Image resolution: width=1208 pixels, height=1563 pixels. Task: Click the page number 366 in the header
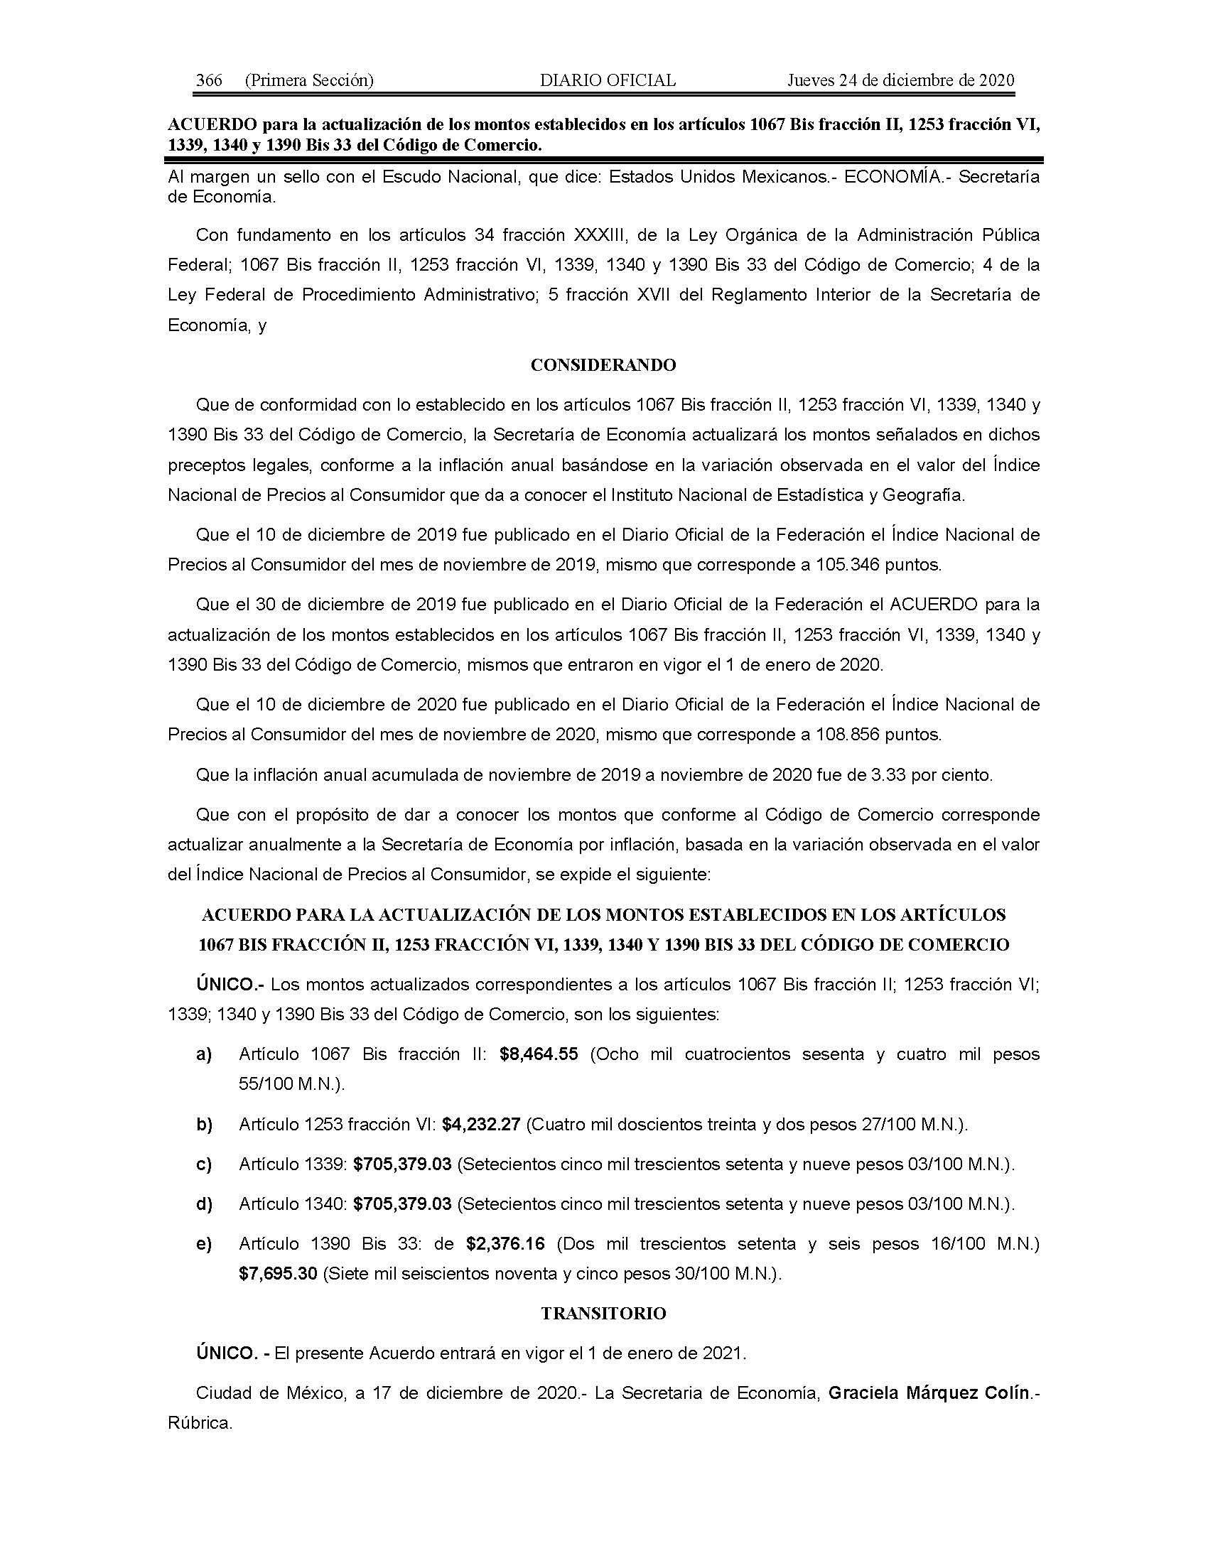click(209, 80)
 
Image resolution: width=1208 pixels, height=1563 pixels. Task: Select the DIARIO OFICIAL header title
click(608, 80)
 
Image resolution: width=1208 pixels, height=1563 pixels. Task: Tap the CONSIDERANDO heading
click(603, 365)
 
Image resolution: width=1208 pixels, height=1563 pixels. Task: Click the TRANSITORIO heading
click(603, 1313)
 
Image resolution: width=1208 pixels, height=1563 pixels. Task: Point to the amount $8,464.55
click(539, 1054)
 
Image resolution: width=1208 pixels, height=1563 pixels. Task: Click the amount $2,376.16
click(505, 1244)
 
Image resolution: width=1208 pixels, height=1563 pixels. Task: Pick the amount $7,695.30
click(278, 1274)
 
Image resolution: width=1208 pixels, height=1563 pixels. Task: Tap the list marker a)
click(204, 1055)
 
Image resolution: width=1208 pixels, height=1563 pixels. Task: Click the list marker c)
click(204, 1164)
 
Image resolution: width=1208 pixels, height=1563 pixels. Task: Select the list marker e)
click(204, 1245)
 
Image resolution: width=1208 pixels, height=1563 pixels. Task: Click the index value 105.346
click(847, 565)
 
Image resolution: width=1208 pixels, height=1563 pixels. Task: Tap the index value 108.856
click(847, 735)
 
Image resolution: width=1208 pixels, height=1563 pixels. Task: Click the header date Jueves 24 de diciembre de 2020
click(900, 80)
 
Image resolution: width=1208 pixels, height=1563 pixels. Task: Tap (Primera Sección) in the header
click(309, 80)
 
